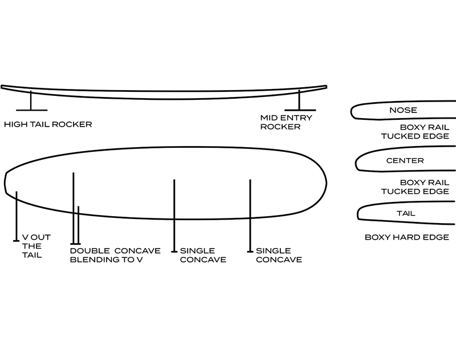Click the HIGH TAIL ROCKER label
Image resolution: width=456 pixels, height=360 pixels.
tap(47, 124)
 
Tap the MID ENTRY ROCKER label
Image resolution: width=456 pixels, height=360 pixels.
tap(280, 122)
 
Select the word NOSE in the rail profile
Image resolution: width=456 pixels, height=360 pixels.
tap(403, 110)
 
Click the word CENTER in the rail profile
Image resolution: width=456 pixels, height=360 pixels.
tap(405, 161)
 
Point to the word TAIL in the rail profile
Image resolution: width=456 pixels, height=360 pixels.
tap(405, 213)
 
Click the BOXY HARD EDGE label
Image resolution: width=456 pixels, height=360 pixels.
tap(406, 237)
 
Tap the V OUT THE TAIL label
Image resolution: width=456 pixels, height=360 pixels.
tap(32, 245)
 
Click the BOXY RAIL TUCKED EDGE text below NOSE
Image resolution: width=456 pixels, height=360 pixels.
tap(417, 132)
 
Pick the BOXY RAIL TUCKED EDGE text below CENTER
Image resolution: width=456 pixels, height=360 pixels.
tap(417, 187)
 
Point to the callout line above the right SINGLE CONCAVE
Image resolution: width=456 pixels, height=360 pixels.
tap(250, 215)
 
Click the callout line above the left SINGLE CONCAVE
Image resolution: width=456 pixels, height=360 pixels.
tap(174, 215)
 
